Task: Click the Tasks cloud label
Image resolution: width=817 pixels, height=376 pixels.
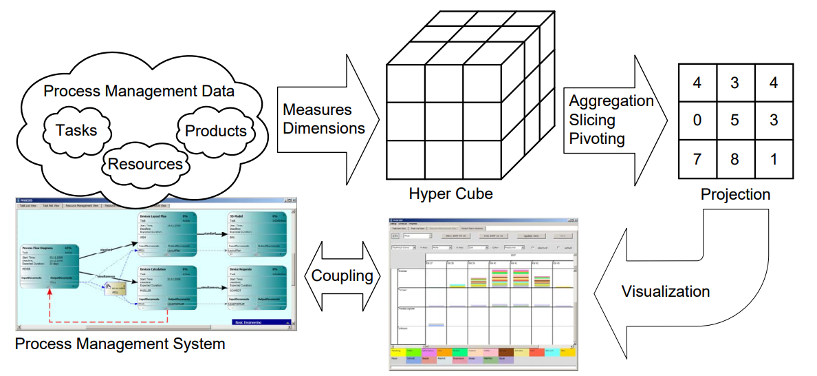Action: point(76,129)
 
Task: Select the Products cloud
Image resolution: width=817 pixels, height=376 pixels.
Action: point(216,130)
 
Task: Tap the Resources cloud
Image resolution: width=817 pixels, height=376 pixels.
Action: point(145,164)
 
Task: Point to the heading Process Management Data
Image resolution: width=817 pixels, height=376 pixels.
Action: point(139,91)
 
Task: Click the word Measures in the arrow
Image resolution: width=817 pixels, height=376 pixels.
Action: point(317,109)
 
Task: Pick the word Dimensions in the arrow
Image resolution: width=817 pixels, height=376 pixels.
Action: point(324,127)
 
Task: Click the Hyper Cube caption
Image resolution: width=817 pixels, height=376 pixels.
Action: point(450,194)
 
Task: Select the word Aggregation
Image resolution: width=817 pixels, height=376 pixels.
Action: point(611,101)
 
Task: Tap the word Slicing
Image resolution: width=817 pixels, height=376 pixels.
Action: point(592,120)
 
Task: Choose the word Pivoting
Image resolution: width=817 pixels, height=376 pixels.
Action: point(597,138)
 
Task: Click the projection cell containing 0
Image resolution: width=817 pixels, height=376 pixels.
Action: point(697,121)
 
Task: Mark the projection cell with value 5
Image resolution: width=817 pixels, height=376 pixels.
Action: point(735,121)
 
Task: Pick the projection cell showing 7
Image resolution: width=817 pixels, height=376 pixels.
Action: point(697,159)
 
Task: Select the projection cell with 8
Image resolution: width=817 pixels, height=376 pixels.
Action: point(735,159)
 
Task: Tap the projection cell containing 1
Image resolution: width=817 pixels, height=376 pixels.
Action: point(774,159)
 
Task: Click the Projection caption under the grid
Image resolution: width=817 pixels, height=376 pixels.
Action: point(735,195)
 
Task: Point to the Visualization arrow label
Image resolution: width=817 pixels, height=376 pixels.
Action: point(665,291)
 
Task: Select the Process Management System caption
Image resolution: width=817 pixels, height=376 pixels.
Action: point(120,343)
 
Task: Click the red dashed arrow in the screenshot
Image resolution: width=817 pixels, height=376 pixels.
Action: point(103,322)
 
